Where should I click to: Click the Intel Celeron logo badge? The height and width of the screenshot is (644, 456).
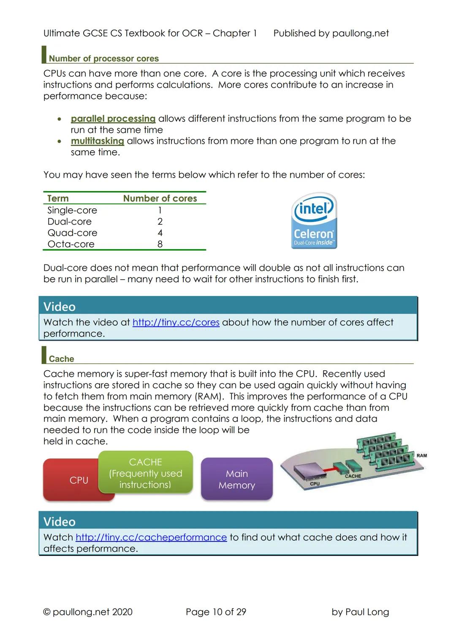(314, 221)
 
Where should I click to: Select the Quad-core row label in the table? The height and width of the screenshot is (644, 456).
(72, 233)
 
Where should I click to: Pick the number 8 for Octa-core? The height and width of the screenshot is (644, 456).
(160, 244)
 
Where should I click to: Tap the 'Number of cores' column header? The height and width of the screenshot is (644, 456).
(160, 198)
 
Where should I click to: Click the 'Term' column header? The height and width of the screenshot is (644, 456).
(58, 198)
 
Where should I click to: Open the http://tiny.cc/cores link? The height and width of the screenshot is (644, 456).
(176, 322)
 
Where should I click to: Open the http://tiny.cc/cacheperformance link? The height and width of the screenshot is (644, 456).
(151, 537)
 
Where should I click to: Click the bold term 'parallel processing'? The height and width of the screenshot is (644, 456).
(113, 119)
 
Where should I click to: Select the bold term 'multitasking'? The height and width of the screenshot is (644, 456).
(98, 141)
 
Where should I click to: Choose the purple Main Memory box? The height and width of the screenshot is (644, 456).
(237, 480)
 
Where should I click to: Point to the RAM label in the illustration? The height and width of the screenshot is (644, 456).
(421, 455)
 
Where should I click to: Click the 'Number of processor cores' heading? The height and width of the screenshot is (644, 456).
(104, 59)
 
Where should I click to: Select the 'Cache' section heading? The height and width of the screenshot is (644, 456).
(61, 359)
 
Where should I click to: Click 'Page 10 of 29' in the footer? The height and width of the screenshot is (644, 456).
(216, 612)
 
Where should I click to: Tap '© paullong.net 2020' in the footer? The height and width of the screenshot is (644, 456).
(88, 612)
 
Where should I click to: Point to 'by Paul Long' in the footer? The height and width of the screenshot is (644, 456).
(360, 612)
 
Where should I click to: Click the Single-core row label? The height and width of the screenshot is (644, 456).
(72, 210)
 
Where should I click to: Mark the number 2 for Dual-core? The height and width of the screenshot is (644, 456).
(160, 221)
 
